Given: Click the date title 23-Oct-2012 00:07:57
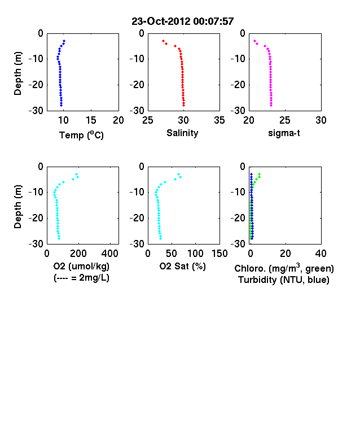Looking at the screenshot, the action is point(183,21).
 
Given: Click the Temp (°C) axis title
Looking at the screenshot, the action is point(81,135).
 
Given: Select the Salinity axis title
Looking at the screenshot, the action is point(182,133).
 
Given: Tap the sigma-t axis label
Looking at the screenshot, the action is point(284,133).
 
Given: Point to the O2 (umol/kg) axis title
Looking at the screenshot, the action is point(81,266).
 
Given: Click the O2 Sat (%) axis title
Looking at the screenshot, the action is point(182,266).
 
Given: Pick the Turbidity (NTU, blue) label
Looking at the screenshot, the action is point(284,280).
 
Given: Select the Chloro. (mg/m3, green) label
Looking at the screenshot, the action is point(284,268).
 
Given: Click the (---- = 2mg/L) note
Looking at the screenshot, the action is point(81,277).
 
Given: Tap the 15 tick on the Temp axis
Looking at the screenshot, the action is point(91,120).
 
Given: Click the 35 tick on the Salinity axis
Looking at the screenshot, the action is point(219,120).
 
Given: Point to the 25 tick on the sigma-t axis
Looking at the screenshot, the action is point(285,120).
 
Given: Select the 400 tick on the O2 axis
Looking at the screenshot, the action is point(110,254).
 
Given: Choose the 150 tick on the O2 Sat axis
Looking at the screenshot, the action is point(219,254).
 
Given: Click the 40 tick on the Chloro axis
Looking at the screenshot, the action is point(321,254).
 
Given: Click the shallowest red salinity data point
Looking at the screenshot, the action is point(163,41).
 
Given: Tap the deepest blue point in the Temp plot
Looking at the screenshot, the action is point(62,105).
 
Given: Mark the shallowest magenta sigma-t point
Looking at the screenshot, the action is point(254,41).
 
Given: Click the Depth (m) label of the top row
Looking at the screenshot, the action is point(17,73).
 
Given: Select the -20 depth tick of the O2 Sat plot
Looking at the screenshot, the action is point(137,218).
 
